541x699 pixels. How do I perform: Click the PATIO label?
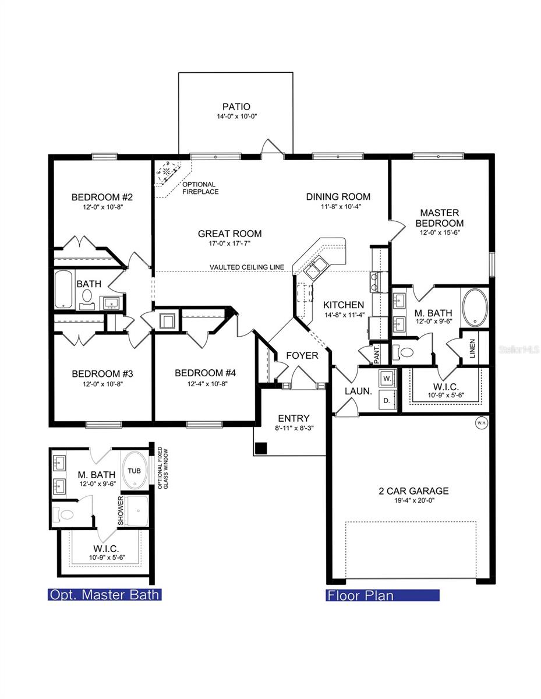tap(236, 107)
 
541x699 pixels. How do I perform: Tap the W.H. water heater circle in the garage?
tap(481, 422)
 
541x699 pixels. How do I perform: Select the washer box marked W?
tap(387, 377)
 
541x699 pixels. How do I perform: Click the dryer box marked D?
tap(387, 400)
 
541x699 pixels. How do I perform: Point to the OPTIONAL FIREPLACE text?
tap(199, 188)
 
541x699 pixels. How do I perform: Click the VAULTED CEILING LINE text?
tap(247, 267)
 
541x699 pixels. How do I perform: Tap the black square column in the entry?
tap(261, 448)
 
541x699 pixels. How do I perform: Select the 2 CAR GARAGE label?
tap(413, 491)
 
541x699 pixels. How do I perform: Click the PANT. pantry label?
tap(377, 352)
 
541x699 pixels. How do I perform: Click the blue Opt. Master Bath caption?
tap(104, 595)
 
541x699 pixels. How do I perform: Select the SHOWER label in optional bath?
tap(121, 511)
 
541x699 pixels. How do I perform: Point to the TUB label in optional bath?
tap(135, 471)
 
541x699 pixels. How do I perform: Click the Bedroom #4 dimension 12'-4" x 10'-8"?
tap(205, 384)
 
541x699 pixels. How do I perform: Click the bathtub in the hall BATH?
tap(63, 290)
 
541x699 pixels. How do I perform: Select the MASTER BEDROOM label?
tap(441, 218)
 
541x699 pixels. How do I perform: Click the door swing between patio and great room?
tap(272, 148)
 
